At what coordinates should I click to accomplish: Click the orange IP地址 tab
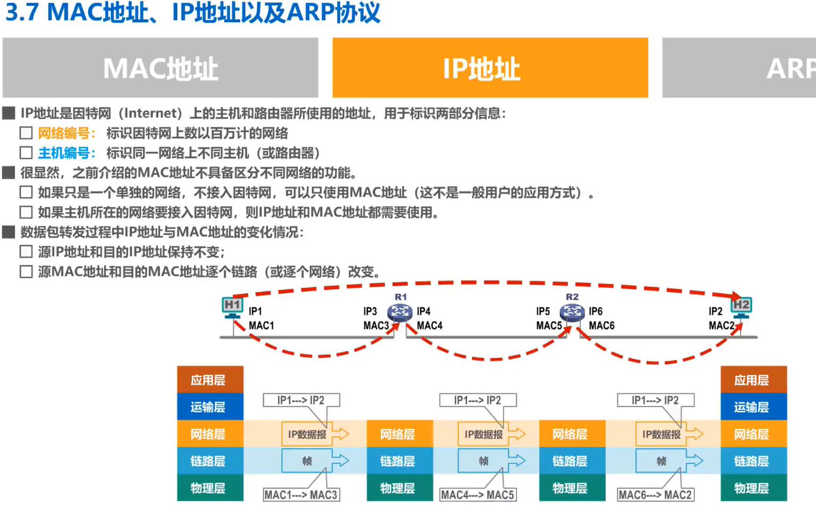[490, 68]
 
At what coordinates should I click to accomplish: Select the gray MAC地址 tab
[160, 68]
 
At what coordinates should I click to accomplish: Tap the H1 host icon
[232, 307]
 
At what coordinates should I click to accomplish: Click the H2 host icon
[741, 307]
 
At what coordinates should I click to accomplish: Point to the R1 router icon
[399, 312]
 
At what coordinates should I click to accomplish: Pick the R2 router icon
[572, 312]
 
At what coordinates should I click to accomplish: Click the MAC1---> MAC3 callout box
[301, 495]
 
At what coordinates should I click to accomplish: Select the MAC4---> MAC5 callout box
[477, 495]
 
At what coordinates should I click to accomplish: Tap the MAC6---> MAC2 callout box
[655, 495]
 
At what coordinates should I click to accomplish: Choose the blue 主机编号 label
[66, 153]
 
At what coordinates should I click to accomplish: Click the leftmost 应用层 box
[210, 380]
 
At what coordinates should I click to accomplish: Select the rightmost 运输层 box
[753, 407]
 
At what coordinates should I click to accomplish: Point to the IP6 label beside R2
[596, 311]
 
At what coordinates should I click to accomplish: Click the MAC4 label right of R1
[429, 325]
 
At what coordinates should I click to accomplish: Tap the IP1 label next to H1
[255, 311]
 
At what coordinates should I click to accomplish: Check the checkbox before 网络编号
[26, 133]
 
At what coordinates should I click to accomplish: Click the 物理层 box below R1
[399, 488]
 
